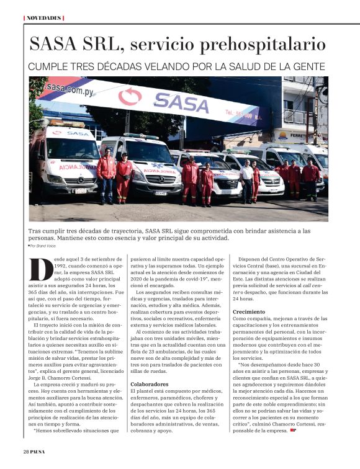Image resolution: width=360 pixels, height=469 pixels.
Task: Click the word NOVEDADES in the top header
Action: [44, 17]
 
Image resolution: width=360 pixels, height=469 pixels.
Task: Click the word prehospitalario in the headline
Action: [261, 44]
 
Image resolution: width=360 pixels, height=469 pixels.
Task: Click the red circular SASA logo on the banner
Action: [130, 96]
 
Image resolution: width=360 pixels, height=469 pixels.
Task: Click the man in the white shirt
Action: [247, 179]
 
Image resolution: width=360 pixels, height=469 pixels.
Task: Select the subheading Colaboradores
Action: [150, 384]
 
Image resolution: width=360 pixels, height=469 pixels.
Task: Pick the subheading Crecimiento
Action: [249, 311]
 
